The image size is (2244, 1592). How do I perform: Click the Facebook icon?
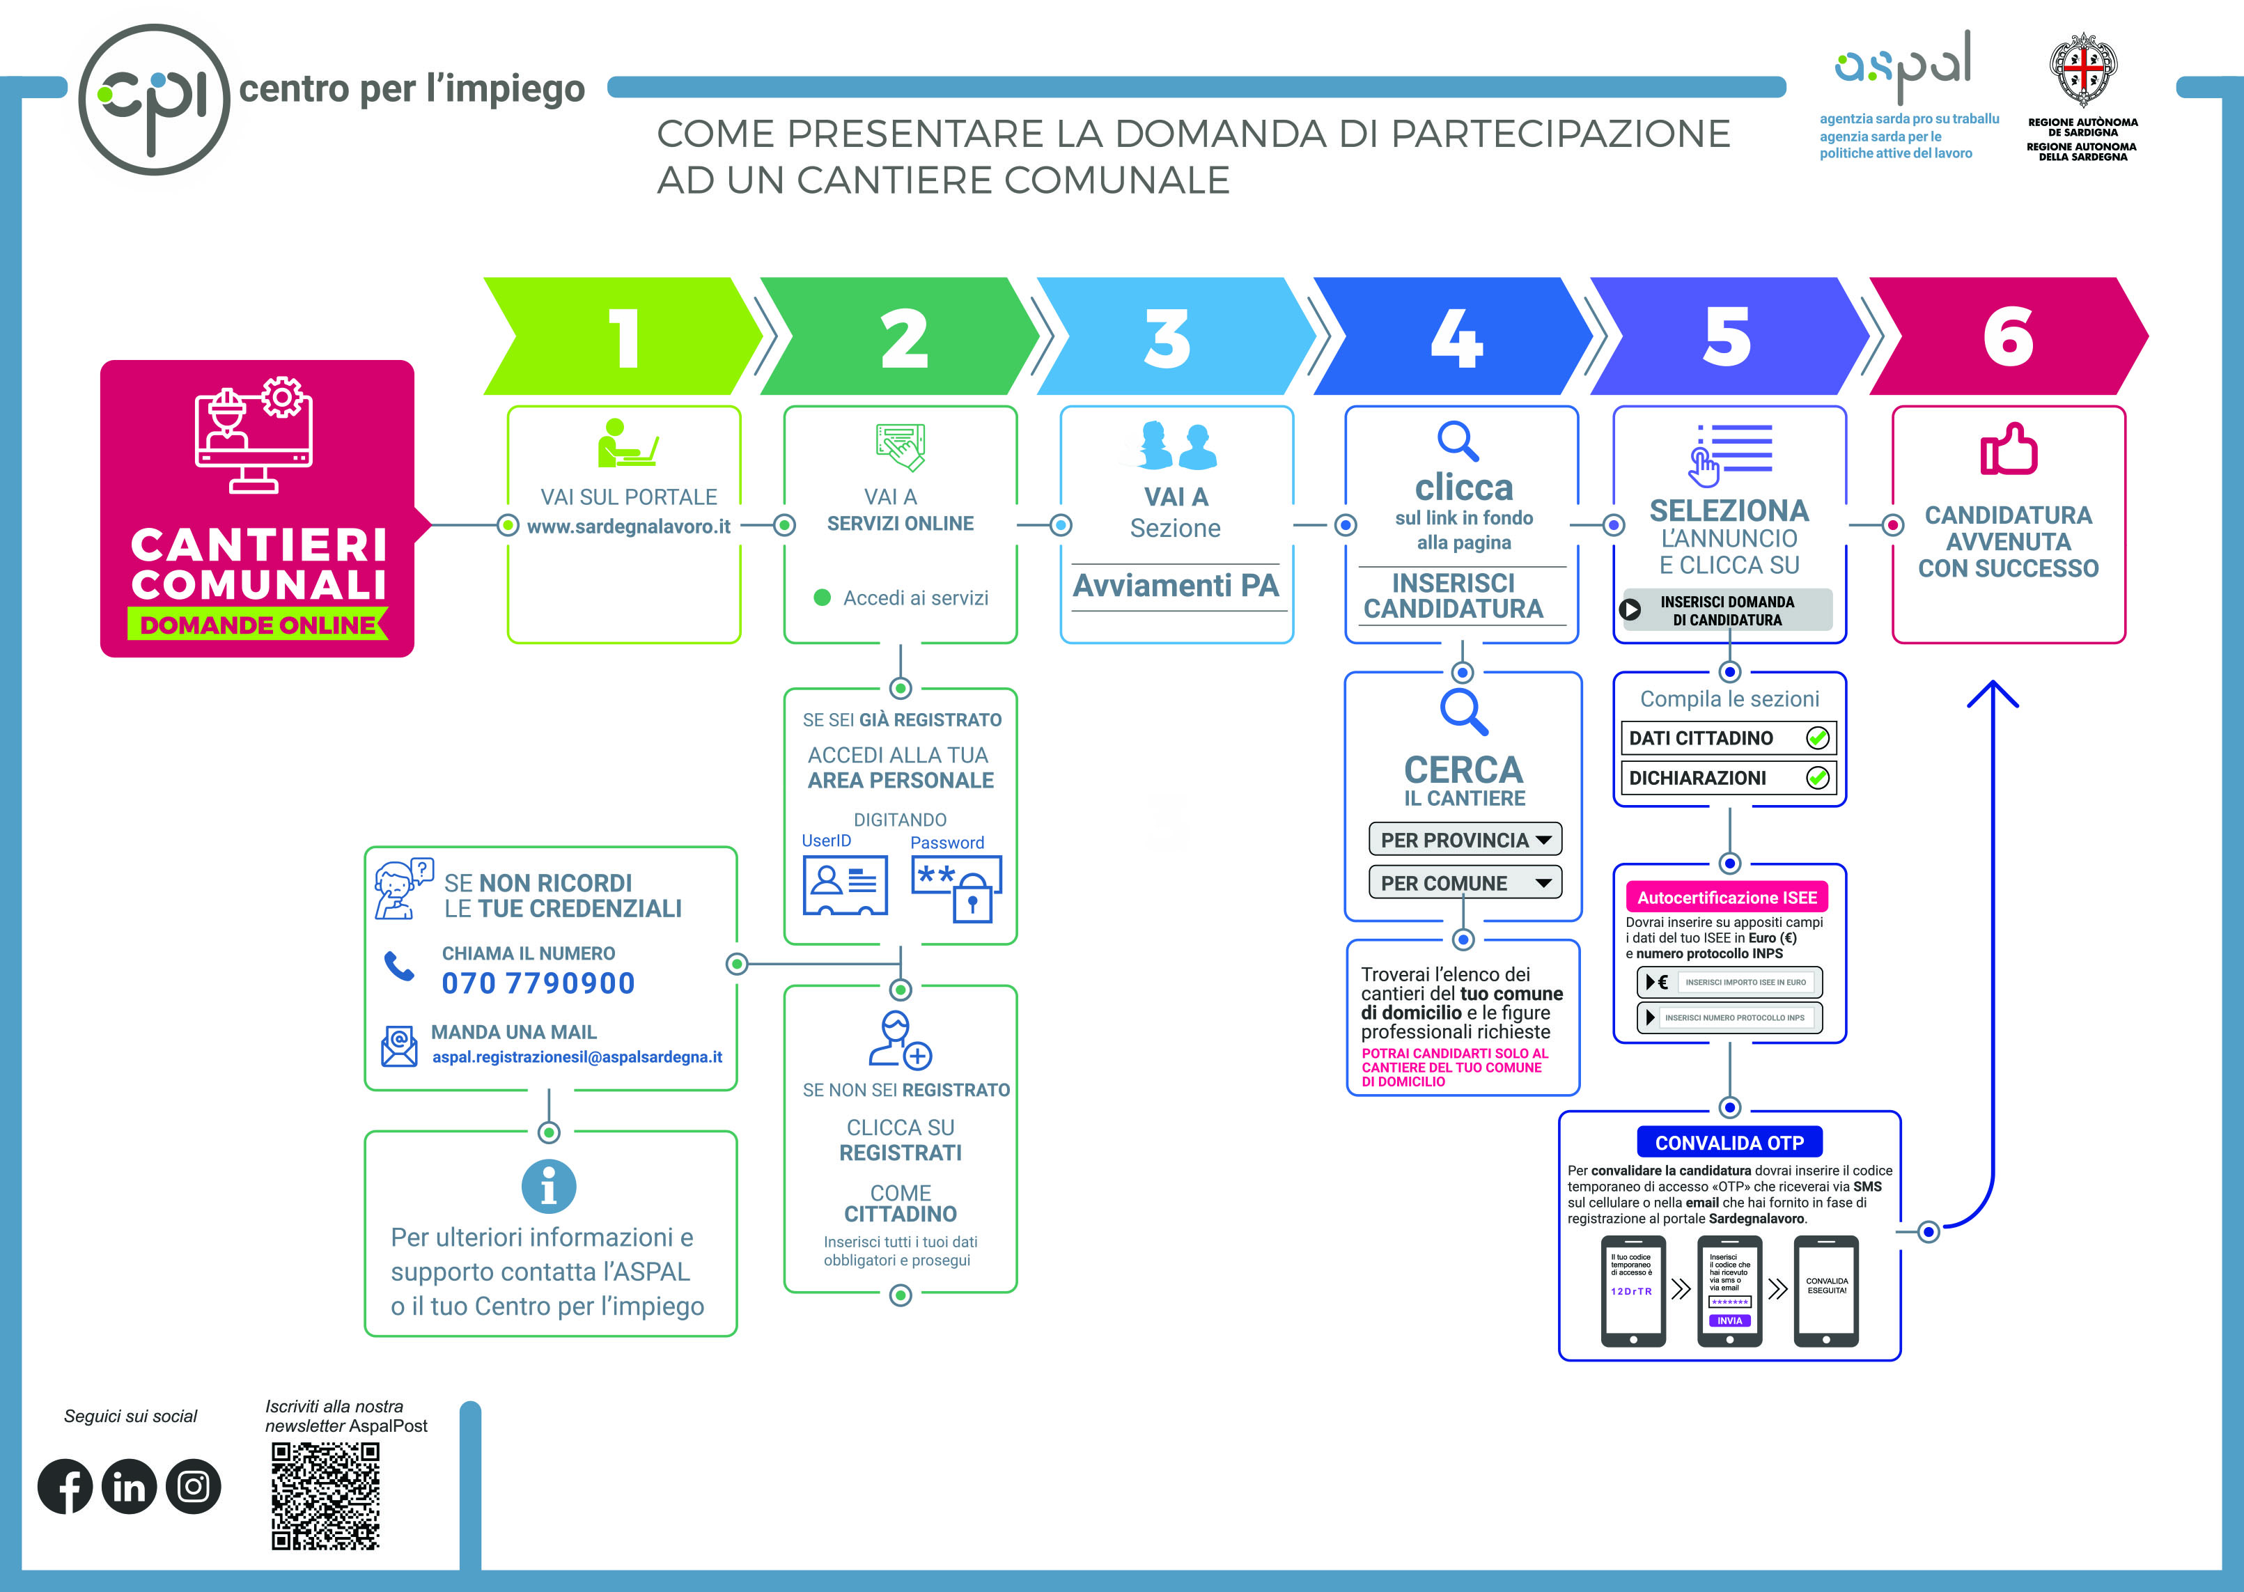(65, 1486)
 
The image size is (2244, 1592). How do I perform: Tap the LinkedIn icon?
(128, 1486)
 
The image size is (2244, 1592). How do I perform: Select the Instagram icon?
(193, 1486)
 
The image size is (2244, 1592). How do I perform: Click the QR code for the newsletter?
(325, 1496)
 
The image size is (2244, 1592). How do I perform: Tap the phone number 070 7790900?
(538, 983)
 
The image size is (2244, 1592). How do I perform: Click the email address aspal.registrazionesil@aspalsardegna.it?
(577, 1056)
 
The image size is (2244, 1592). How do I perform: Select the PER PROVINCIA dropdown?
(1465, 840)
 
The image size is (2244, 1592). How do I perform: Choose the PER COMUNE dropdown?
(1465, 883)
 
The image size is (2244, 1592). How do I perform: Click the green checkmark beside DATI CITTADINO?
(1818, 738)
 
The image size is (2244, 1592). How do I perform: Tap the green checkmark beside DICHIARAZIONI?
(1818, 779)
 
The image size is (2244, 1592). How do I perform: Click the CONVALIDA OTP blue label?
(1729, 1143)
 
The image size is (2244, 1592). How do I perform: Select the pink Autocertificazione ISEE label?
(1727, 898)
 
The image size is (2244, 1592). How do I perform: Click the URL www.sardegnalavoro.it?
(628, 526)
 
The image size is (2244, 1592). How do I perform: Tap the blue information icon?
(549, 1186)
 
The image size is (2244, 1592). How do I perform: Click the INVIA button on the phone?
(1729, 1321)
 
